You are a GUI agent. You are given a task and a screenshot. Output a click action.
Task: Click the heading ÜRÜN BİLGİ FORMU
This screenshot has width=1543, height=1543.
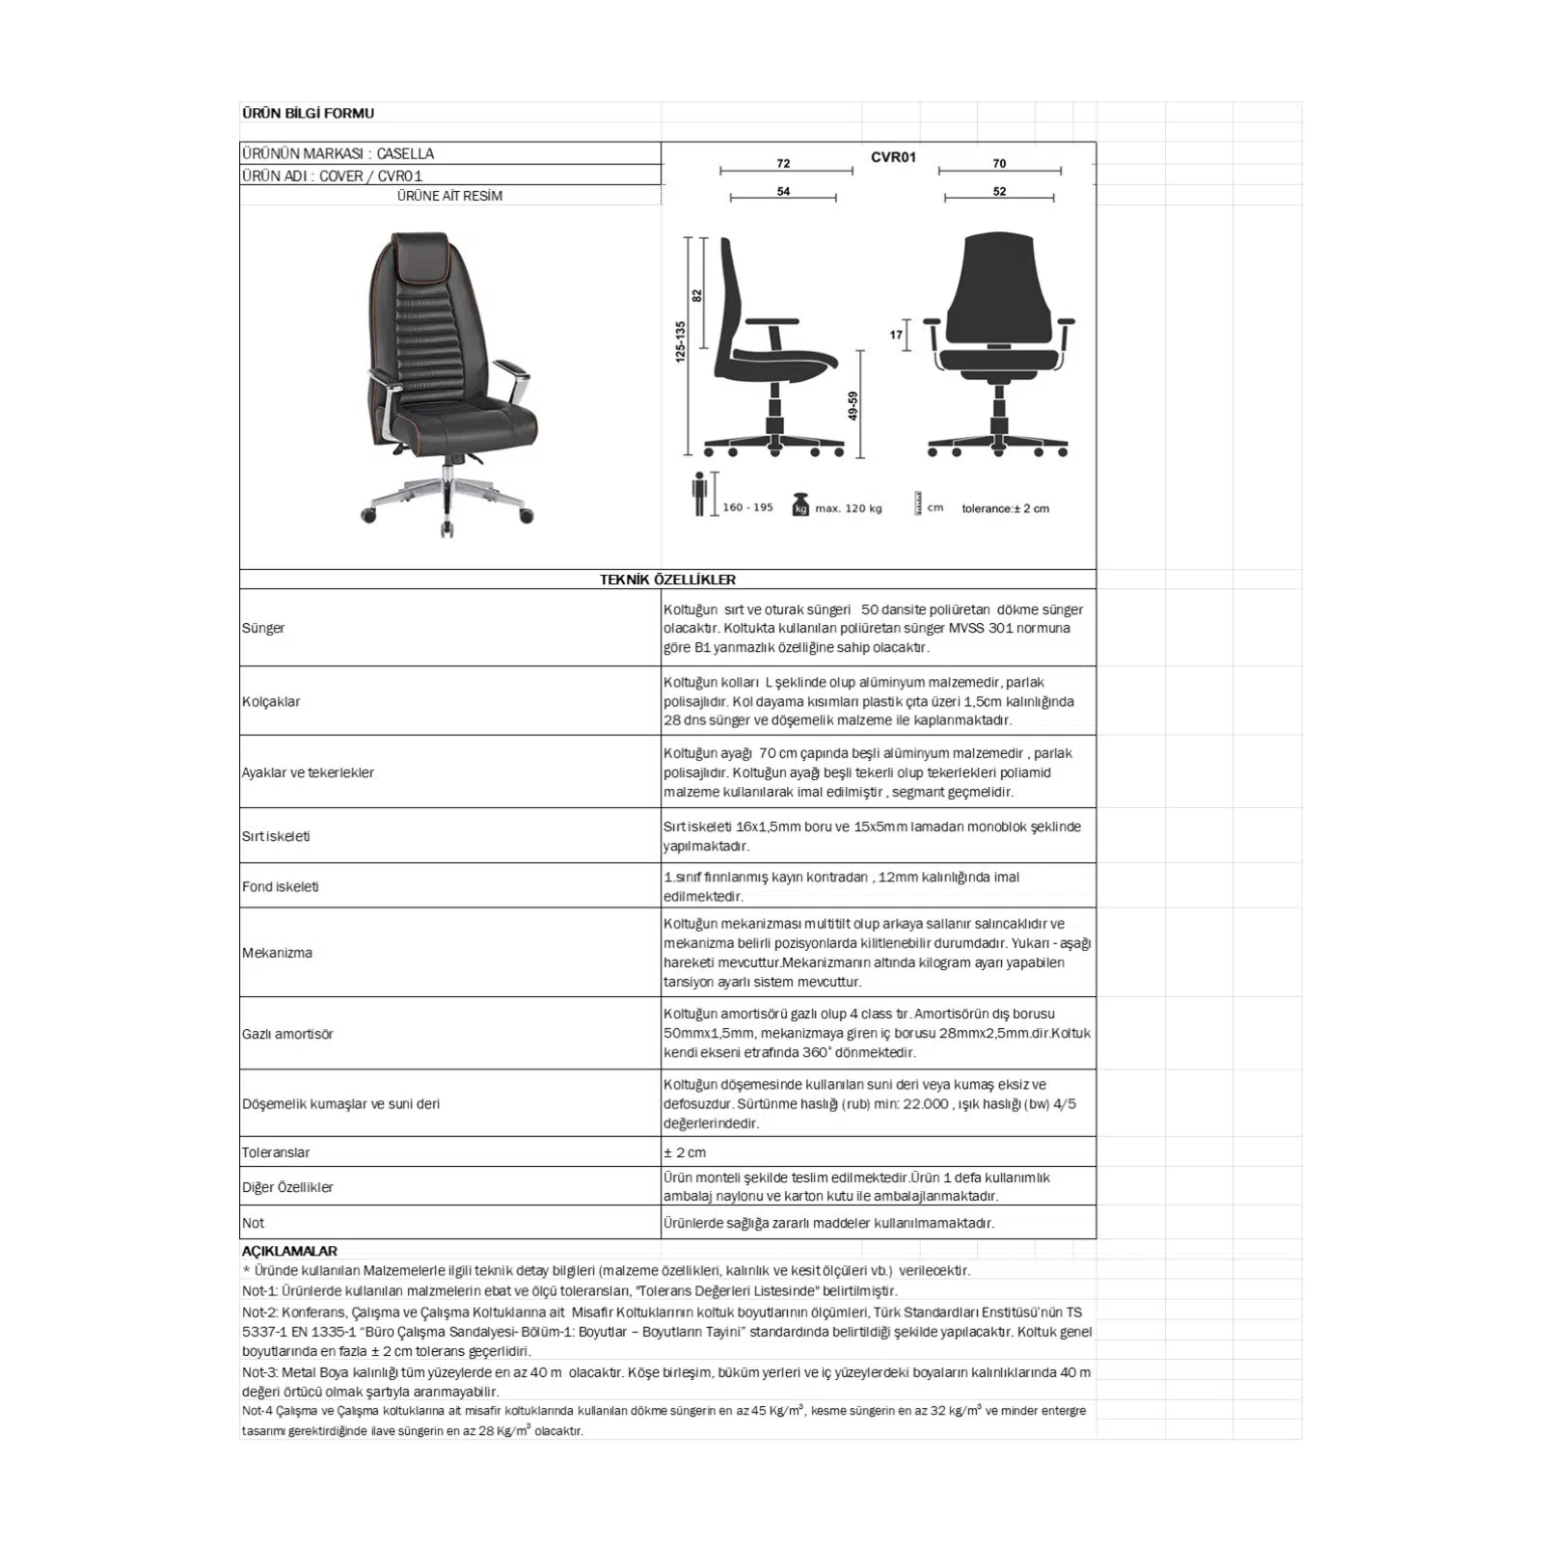tap(308, 113)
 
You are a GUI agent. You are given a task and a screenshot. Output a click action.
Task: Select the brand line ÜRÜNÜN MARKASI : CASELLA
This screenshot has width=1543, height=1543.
tap(338, 153)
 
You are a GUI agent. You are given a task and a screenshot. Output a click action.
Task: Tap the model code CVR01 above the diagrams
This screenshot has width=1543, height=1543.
tap(893, 157)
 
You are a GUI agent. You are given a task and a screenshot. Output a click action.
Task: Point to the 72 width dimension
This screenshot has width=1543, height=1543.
tap(783, 163)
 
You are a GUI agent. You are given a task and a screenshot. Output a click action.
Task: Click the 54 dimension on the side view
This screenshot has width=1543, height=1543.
tap(783, 191)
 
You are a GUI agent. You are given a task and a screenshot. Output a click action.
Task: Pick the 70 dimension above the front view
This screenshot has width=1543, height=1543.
tap(999, 163)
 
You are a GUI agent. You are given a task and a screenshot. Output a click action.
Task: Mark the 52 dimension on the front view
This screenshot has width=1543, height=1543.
tap(999, 191)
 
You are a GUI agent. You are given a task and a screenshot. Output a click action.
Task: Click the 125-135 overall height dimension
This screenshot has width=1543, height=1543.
tap(680, 341)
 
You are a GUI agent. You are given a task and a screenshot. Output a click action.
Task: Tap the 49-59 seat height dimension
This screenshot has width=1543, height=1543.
tap(853, 405)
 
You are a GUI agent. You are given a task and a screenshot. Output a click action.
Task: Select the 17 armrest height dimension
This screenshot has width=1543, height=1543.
tap(896, 335)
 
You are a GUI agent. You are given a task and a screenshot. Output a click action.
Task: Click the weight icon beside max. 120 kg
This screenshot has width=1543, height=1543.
tap(799, 504)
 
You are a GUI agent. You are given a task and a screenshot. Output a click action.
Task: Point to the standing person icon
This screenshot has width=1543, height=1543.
tap(700, 493)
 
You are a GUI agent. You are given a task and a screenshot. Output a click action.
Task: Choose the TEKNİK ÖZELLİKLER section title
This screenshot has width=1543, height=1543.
tap(667, 580)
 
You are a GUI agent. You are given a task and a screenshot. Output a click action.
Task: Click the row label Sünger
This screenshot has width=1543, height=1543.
tap(263, 628)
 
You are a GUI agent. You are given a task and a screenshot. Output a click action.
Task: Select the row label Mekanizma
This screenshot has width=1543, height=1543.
tap(277, 953)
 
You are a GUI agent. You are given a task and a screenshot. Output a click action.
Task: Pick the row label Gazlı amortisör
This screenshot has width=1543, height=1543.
tap(287, 1034)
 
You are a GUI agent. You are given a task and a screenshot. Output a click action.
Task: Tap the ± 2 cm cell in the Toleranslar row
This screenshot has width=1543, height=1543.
tap(685, 1152)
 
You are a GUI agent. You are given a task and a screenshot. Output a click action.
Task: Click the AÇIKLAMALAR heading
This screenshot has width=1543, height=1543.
tap(289, 1251)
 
